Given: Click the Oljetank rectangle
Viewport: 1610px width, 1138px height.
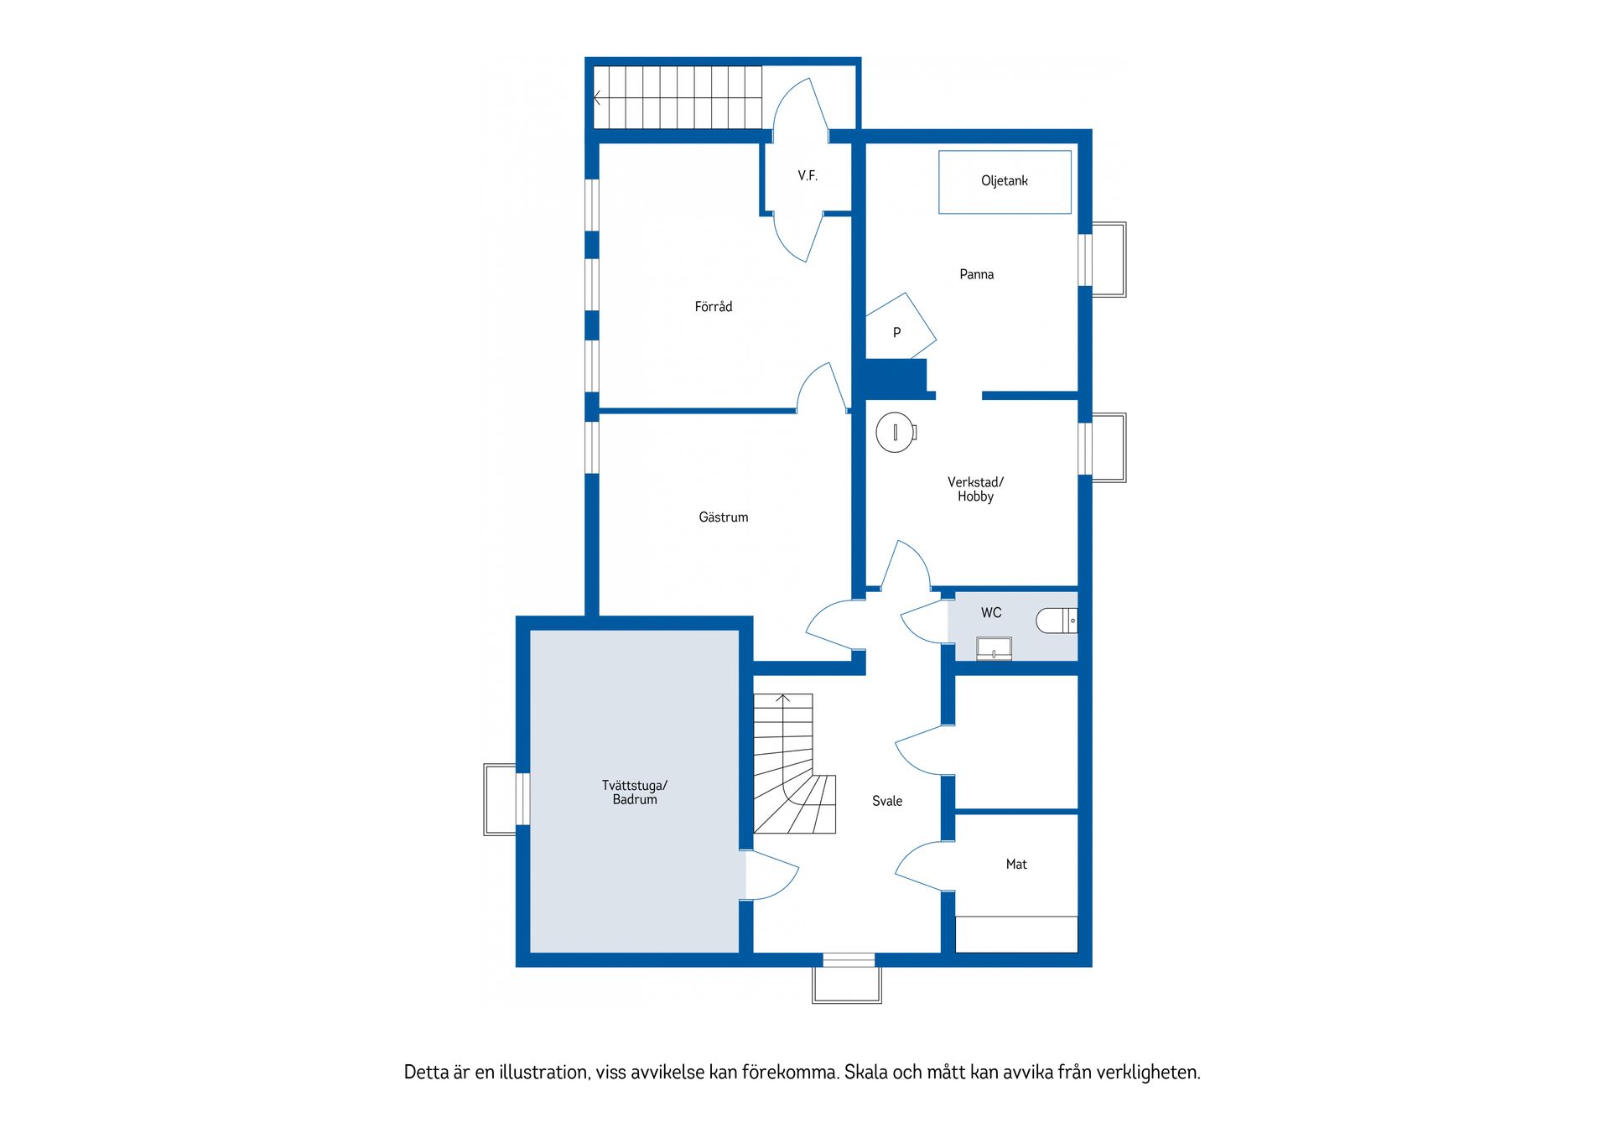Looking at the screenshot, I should coord(1005,182).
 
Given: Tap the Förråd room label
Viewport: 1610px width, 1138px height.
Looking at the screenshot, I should coord(714,307).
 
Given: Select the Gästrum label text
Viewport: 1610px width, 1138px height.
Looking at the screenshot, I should coord(723,517).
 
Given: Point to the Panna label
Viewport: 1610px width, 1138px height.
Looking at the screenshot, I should coord(976,274).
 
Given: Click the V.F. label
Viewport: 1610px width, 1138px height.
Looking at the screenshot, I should coord(808,176).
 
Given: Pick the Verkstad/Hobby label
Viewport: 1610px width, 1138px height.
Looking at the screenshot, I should coord(975,489).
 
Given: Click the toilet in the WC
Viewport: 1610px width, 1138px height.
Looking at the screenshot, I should coord(1056,621).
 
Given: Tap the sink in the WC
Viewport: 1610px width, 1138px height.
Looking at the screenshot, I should coord(994,649).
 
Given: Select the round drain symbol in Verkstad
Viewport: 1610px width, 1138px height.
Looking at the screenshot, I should coord(895,433).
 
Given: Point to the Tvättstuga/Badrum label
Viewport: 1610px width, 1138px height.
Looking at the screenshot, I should coord(635,792).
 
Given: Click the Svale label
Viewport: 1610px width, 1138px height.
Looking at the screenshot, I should coord(887,801).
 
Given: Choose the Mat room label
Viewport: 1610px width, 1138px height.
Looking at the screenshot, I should coord(1016,864).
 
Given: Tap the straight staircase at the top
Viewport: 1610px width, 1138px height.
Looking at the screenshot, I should coord(678,97).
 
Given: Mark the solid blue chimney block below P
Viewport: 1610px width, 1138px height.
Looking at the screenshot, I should coord(896,378).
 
